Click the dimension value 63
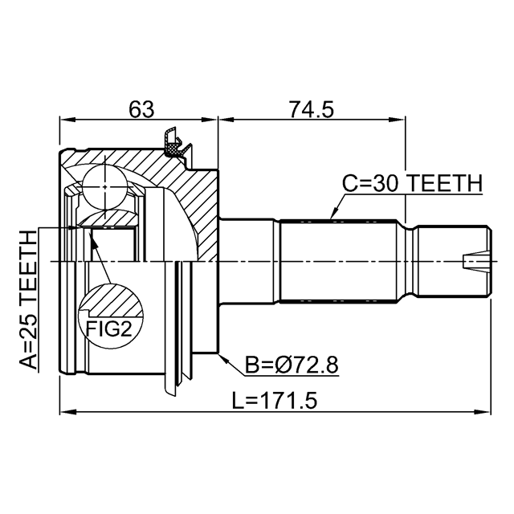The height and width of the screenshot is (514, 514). coord(141,109)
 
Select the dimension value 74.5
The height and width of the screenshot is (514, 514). coord(311,109)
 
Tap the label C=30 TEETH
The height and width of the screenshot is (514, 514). coord(412,183)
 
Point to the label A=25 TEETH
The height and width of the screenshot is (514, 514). coord(28,300)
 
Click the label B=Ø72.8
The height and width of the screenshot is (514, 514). coord(292,365)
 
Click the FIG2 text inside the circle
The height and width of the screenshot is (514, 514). coord(109,329)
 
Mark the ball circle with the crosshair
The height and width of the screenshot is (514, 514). coord(104,187)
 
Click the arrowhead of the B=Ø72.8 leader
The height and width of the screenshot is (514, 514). coord(222,358)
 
